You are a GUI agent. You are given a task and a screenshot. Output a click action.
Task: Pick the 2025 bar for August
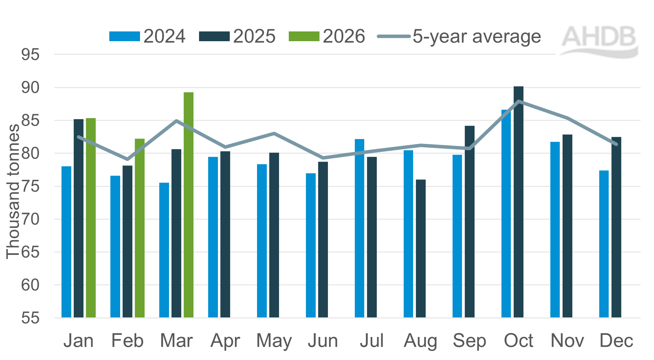point(421,248)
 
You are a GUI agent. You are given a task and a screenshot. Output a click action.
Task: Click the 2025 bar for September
point(470,221)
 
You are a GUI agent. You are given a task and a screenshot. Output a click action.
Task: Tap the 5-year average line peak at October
point(519,101)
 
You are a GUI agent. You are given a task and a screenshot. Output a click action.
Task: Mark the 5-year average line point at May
point(274,133)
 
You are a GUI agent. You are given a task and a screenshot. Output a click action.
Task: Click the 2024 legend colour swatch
point(124,36)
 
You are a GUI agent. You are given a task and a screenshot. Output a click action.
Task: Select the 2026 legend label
point(344,36)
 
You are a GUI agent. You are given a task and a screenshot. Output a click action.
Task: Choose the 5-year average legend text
point(477,36)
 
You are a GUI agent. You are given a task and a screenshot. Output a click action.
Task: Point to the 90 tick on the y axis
point(30,88)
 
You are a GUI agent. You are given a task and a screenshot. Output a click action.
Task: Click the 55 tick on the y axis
point(30,318)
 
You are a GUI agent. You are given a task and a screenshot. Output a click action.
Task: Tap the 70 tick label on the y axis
point(30,219)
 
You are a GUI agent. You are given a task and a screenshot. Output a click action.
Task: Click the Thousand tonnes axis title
point(13,191)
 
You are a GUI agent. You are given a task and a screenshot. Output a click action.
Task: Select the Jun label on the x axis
point(323,341)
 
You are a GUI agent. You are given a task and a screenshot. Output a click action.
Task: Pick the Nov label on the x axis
point(567,341)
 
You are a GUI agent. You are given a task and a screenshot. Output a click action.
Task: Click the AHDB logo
point(599,40)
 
